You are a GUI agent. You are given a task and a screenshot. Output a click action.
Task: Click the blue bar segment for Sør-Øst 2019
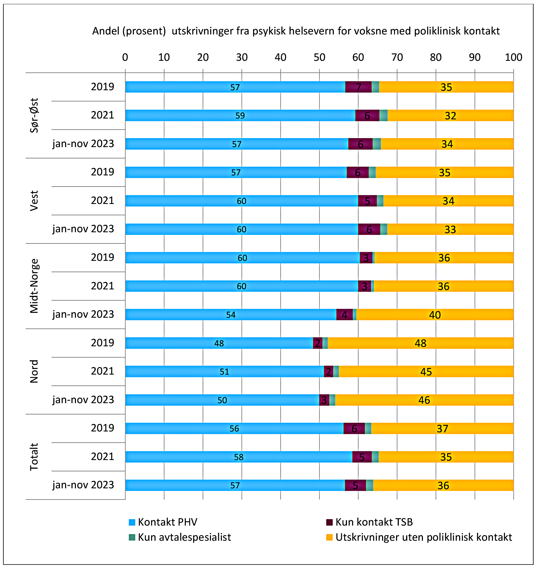point(235,87)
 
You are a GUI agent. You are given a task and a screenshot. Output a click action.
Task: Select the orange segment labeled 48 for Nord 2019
point(420,343)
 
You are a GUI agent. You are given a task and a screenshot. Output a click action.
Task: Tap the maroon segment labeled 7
point(358,87)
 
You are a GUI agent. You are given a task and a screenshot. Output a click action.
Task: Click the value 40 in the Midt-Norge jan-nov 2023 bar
point(434,315)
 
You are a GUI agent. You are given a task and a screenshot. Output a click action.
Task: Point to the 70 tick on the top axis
point(397,57)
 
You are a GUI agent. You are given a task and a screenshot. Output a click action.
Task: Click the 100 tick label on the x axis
point(513,57)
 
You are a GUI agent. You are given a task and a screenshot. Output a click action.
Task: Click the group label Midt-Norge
point(34,286)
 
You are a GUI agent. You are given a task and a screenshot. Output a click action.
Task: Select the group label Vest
point(34,201)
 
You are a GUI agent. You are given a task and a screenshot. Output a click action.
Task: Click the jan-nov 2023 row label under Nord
point(83,400)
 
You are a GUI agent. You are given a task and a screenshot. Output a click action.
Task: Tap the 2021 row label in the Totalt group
point(102,456)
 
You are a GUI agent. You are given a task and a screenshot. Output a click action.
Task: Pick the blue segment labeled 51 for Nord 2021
point(224,371)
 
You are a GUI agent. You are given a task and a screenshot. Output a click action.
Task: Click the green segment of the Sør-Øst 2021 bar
point(383,115)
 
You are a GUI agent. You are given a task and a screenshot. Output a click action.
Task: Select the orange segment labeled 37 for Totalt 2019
point(442,428)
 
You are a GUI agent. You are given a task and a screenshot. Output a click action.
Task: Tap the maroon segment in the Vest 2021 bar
point(367,201)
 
